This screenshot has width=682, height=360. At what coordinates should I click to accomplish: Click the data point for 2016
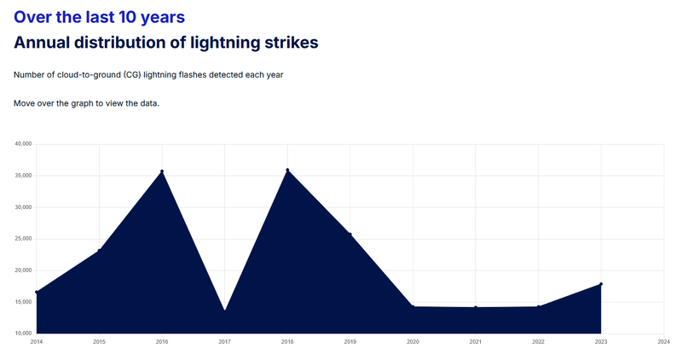pos(162,171)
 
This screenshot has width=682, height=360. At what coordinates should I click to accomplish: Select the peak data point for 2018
pos(287,170)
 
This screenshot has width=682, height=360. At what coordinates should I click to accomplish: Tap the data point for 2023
pos(601,284)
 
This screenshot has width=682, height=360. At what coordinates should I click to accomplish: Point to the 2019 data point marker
pos(350,235)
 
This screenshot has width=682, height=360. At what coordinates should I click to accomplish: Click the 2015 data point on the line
pos(99,251)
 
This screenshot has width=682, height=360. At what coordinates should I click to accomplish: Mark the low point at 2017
pos(224,311)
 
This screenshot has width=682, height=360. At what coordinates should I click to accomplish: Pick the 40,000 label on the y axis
pos(24,144)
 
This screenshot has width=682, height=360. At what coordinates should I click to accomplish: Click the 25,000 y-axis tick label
pos(24,239)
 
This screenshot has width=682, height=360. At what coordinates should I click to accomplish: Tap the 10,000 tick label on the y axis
pos(24,333)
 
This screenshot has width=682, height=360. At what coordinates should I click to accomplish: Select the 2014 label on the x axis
pos(36,342)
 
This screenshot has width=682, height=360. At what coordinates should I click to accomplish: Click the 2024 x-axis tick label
pos(663,342)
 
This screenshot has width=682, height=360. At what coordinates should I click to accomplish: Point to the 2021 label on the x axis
pos(475,342)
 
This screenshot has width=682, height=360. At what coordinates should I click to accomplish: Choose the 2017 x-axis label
pos(224,342)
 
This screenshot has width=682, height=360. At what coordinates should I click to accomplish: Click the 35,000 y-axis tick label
pos(24,176)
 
